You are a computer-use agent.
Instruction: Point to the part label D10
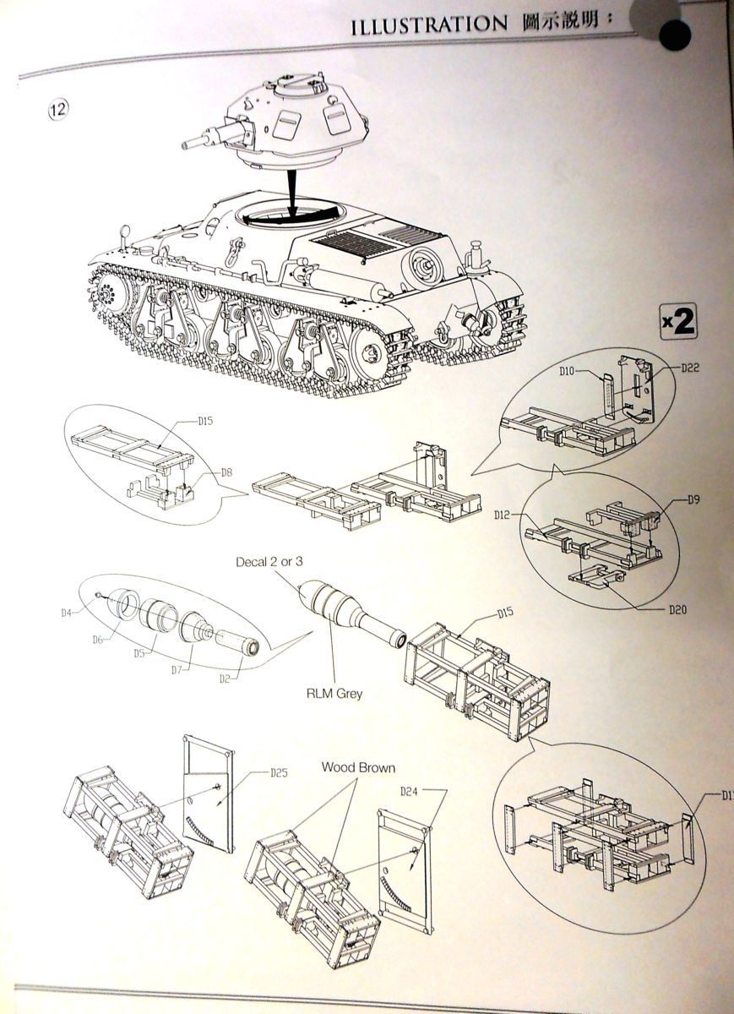coord(567,370)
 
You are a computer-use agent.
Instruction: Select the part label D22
coord(666,368)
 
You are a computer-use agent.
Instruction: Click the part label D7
coord(177,669)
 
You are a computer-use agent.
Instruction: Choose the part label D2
coord(226,678)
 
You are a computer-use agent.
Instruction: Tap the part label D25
coord(280,772)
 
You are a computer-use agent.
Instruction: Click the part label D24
coord(408,793)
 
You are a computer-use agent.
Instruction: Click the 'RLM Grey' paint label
coord(334,693)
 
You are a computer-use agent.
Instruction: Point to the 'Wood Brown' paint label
coord(357,768)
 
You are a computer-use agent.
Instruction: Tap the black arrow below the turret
coord(291,191)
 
